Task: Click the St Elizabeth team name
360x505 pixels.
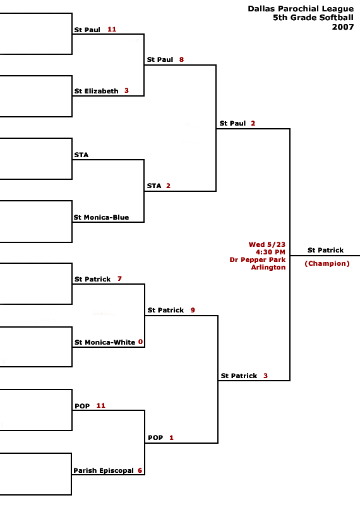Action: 96,91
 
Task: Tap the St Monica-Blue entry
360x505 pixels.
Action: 101,217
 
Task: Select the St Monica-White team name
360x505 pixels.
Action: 105,342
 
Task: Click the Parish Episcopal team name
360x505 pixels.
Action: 104,470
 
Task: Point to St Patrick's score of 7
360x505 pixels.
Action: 119,278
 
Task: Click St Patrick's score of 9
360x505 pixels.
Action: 193,310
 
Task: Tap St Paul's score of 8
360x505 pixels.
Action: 181,59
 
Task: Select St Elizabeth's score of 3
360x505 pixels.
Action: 127,90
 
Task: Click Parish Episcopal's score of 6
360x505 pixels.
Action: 140,470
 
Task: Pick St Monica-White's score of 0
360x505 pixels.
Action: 140,342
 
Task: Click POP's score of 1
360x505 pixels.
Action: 171,437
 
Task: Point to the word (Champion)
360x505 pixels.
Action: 327,263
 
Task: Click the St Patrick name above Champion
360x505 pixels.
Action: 325,250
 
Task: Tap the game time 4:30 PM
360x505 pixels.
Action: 270,252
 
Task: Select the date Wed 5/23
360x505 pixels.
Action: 267,244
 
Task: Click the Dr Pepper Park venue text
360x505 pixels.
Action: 258,259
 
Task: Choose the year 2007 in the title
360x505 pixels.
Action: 343,27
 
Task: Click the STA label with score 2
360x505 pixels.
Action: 154,186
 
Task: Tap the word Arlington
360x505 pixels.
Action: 268,267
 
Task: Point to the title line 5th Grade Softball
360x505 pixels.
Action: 313,18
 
